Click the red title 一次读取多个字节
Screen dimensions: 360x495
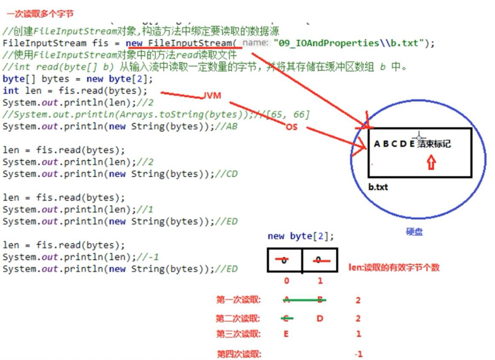(40, 14)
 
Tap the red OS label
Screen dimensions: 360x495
(291, 127)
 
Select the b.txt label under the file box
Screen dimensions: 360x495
(378, 187)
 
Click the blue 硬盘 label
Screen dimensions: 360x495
(414, 232)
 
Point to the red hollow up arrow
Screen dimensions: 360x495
(431, 162)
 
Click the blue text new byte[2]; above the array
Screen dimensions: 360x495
(301, 236)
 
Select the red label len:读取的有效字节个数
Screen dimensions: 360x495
(394, 268)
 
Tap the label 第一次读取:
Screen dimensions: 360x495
(238, 300)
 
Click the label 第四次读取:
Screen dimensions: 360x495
(238, 354)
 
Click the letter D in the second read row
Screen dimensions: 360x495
(320, 318)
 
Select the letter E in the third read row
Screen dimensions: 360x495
(286, 334)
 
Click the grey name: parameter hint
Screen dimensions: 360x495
(256, 43)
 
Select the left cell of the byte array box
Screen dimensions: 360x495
(284, 260)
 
